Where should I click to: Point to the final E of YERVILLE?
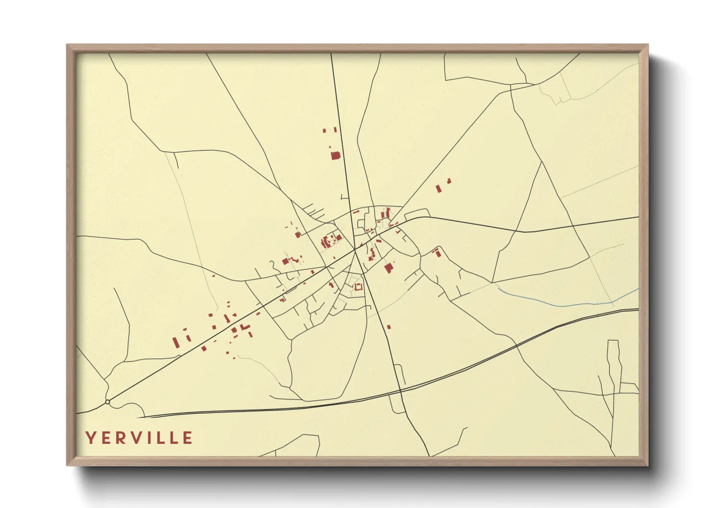pyautogui.click(x=188, y=438)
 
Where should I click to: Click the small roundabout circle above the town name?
pyautogui.click(x=108, y=402)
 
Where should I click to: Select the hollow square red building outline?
pyautogui.click(x=357, y=287)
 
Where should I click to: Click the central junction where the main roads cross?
pyautogui.click(x=356, y=249)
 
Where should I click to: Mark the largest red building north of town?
pyautogui.click(x=335, y=155)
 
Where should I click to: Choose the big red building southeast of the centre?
pyautogui.click(x=389, y=268)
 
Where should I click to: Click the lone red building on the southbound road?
pyautogui.click(x=389, y=327)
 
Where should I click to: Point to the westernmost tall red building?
pyautogui.click(x=175, y=343)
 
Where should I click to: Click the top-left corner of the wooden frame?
pyautogui.click(x=67, y=45)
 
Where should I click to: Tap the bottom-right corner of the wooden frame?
pyautogui.click(x=647, y=464)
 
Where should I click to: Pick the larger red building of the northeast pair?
pyautogui.click(x=438, y=189)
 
